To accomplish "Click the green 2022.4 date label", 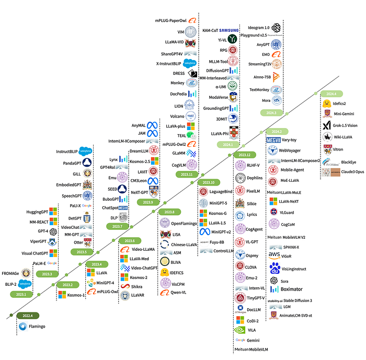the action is (x=28, y=316).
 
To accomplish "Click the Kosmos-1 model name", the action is (x=76, y=295).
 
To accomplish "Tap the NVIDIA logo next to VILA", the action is (x=240, y=330).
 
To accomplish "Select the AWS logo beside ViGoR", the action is (x=274, y=256).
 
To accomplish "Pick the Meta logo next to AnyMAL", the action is (x=152, y=125).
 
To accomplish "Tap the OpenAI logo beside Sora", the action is (x=274, y=281).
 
